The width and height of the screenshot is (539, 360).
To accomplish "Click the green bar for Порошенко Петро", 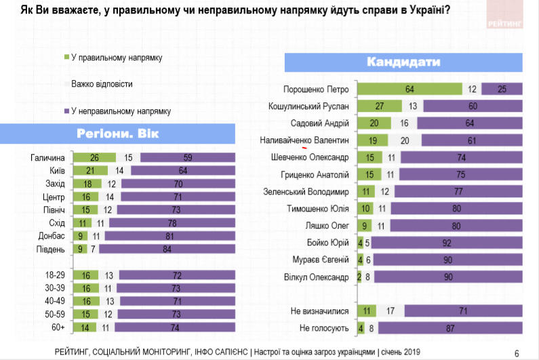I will pos(409,89).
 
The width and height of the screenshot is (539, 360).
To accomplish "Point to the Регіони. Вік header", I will pos(118,132).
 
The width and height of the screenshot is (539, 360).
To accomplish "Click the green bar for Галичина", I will pos(94,158).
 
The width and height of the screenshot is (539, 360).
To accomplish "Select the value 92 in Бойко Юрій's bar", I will pos(447,243).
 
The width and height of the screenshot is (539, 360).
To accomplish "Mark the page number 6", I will pos(516,353).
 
